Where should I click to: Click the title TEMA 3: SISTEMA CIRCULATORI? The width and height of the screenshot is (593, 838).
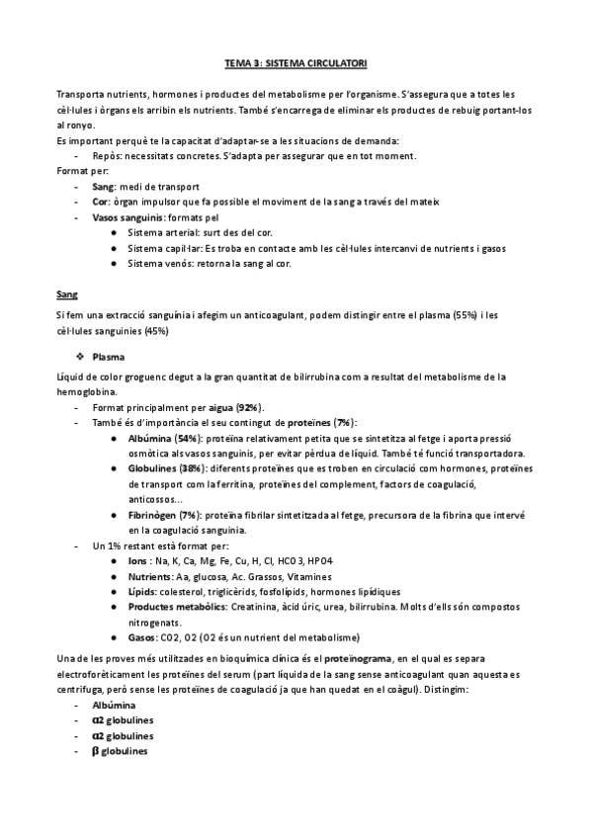pos(296,62)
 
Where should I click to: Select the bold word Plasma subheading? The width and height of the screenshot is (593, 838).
pos(108,356)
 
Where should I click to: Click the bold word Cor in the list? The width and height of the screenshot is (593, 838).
pos(100,202)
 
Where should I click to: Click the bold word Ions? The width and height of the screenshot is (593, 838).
pos(138,561)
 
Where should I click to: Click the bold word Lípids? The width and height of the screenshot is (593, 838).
pos(142,592)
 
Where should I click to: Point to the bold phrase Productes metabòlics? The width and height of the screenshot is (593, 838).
pos(175,607)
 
